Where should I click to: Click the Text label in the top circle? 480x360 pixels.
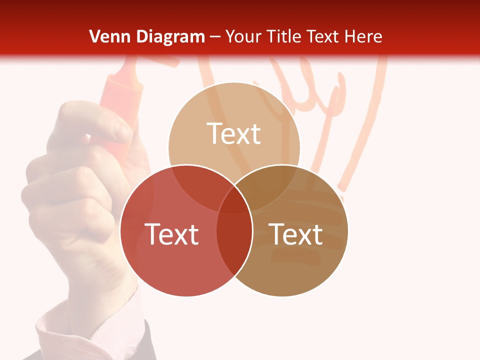pyautogui.click(x=234, y=133)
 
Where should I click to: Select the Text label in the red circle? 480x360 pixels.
pyautogui.click(x=171, y=234)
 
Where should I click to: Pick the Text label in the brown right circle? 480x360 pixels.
pyautogui.click(x=296, y=234)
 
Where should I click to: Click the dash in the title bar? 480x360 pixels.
pyautogui.click(x=215, y=36)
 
